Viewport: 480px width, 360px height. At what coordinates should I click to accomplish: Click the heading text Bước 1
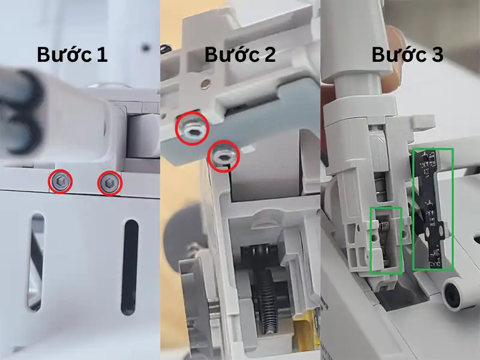[x=72, y=55]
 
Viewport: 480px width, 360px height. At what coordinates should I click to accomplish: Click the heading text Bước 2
[x=240, y=55]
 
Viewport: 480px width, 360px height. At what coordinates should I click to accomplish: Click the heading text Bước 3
[x=407, y=55]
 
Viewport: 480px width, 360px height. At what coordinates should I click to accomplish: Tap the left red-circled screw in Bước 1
[x=60, y=181]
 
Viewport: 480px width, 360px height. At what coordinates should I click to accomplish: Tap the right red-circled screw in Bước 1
[x=109, y=183]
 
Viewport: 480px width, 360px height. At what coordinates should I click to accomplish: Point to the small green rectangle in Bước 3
[x=386, y=240]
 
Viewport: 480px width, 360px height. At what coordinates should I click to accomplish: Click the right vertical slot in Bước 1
[x=129, y=267]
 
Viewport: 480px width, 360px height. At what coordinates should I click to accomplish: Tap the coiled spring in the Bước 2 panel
[x=266, y=306]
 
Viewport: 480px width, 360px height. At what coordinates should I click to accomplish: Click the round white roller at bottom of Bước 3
[x=457, y=293]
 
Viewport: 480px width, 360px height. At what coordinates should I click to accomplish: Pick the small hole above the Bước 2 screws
[x=206, y=83]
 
